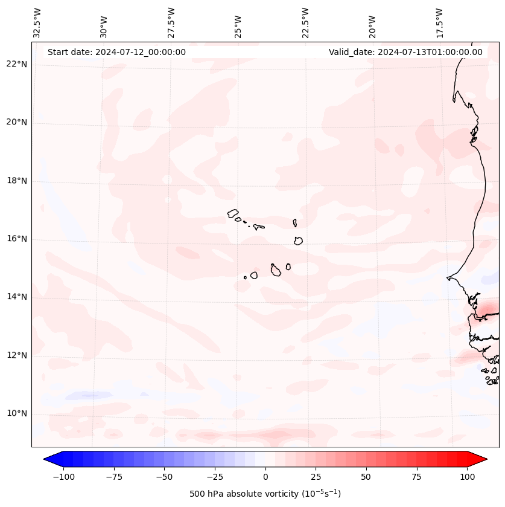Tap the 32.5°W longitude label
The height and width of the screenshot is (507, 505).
[x=37, y=23]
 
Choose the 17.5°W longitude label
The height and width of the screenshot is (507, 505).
[x=439, y=23]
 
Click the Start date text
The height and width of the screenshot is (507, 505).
[x=116, y=52]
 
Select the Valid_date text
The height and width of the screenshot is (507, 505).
[x=405, y=52]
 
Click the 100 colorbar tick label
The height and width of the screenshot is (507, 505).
[x=467, y=477]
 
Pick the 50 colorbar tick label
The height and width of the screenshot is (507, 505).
[x=366, y=477]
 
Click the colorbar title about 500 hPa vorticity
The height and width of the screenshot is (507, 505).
[x=265, y=494]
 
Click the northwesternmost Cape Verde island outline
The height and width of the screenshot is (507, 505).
[x=233, y=213]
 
